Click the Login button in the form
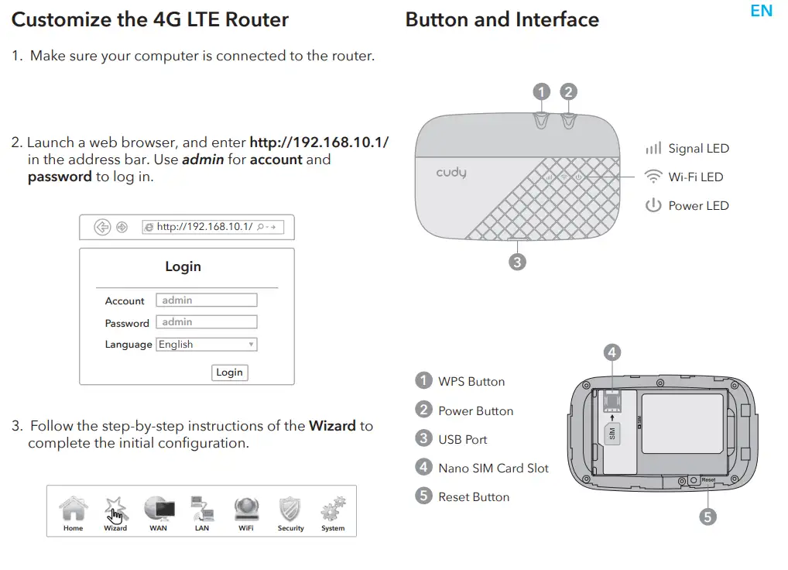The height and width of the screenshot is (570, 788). click(229, 373)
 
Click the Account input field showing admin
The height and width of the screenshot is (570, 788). click(206, 300)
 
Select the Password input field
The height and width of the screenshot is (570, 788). click(206, 322)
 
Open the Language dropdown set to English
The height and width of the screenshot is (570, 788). click(206, 345)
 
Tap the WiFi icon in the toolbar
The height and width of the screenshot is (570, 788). click(246, 510)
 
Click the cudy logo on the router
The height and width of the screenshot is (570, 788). click(451, 172)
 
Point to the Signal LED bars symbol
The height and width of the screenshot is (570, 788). click(653, 148)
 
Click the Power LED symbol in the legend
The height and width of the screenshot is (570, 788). click(653, 205)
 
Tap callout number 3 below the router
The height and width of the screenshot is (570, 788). click(517, 262)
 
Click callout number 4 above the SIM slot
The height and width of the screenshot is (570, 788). click(612, 352)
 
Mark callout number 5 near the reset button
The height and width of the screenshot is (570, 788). click(707, 517)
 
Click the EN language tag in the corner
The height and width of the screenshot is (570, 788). click(761, 11)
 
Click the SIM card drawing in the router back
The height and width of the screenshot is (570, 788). click(612, 433)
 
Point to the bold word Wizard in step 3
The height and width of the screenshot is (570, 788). click(332, 426)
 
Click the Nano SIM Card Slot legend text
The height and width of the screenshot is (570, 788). click(493, 468)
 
